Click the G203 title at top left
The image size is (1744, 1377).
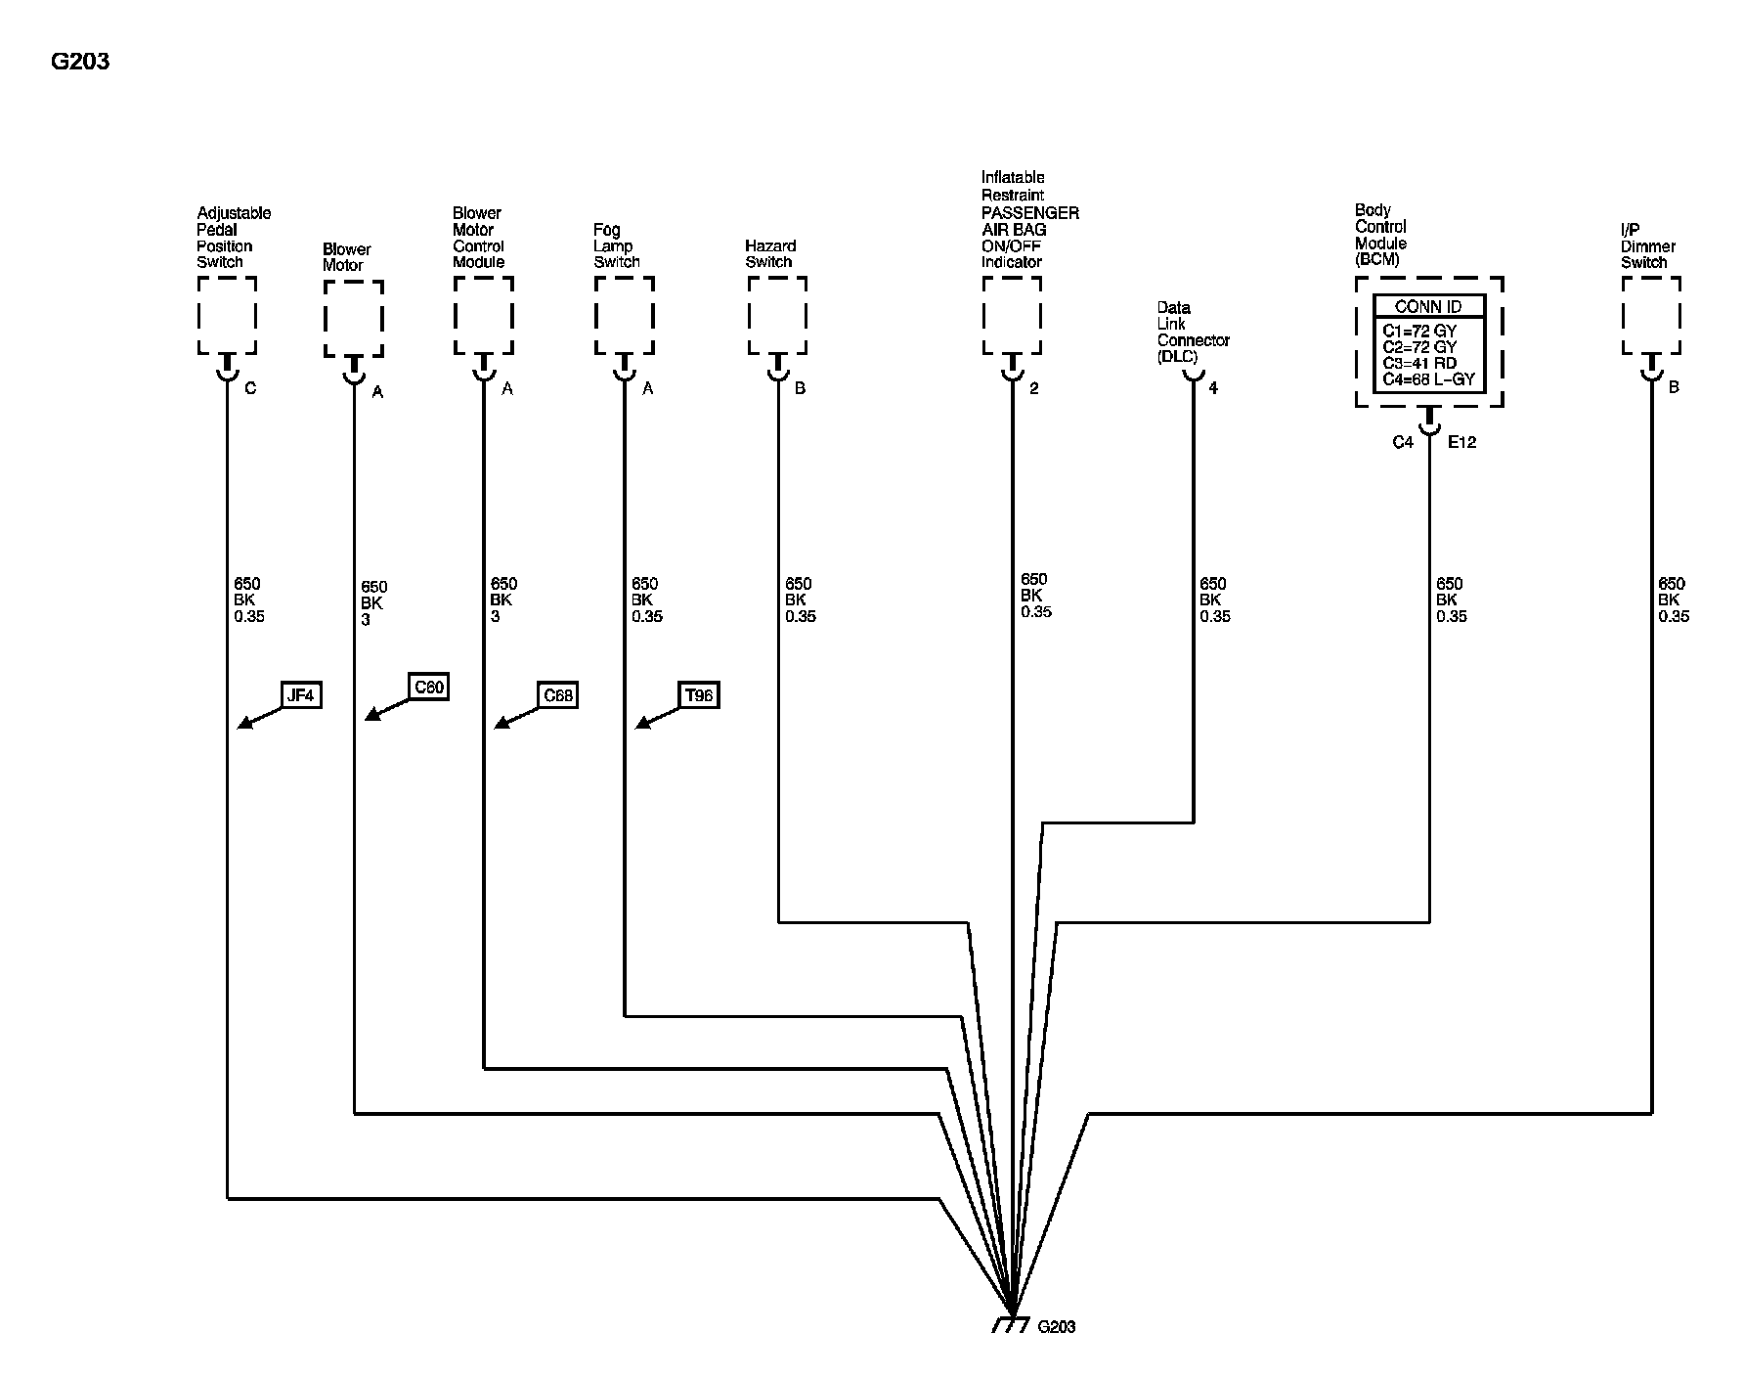(x=80, y=62)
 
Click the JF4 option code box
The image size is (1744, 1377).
(x=300, y=695)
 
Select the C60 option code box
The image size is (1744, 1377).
(x=428, y=688)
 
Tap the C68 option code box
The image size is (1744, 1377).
(x=557, y=695)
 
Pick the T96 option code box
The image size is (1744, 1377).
(x=699, y=695)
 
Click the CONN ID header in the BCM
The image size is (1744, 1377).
(x=1428, y=307)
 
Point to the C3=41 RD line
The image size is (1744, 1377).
(x=1419, y=363)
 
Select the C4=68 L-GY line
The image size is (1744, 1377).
(x=1428, y=379)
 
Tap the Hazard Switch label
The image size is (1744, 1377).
(x=770, y=254)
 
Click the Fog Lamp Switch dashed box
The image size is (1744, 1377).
(x=624, y=315)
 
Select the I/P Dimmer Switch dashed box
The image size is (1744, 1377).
(x=1651, y=315)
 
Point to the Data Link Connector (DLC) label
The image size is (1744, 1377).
(x=1193, y=333)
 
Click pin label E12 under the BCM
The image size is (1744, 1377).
(x=1461, y=442)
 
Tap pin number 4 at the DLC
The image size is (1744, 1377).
(x=1213, y=388)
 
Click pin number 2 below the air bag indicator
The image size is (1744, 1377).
(x=1033, y=388)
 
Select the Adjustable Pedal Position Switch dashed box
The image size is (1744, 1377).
(x=227, y=315)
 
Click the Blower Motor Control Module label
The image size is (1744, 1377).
(x=478, y=238)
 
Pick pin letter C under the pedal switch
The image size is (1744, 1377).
(x=250, y=388)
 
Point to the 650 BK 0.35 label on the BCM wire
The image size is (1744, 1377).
(x=1451, y=600)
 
